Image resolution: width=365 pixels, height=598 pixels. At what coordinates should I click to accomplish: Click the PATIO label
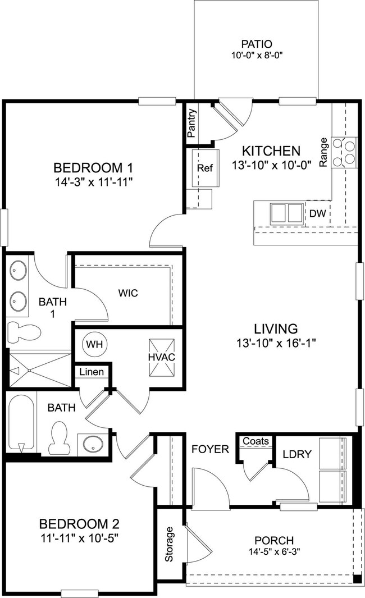[x=257, y=44]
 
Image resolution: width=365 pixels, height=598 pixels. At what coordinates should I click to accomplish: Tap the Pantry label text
[x=191, y=122]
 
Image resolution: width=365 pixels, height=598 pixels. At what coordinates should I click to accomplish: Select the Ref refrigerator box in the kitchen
[x=203, y=168]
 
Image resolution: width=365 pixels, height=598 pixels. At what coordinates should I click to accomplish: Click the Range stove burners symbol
[x=344, y=152]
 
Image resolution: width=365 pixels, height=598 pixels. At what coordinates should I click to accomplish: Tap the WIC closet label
[x=128, y=293]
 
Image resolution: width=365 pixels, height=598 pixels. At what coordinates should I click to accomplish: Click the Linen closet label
[x=91, y=372]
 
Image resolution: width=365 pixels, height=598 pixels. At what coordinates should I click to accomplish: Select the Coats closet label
[x=256, y=441]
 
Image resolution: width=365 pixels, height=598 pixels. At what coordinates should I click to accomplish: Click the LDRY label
[x=293, y=453]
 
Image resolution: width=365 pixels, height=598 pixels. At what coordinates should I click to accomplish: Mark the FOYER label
[x=210, y=449]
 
